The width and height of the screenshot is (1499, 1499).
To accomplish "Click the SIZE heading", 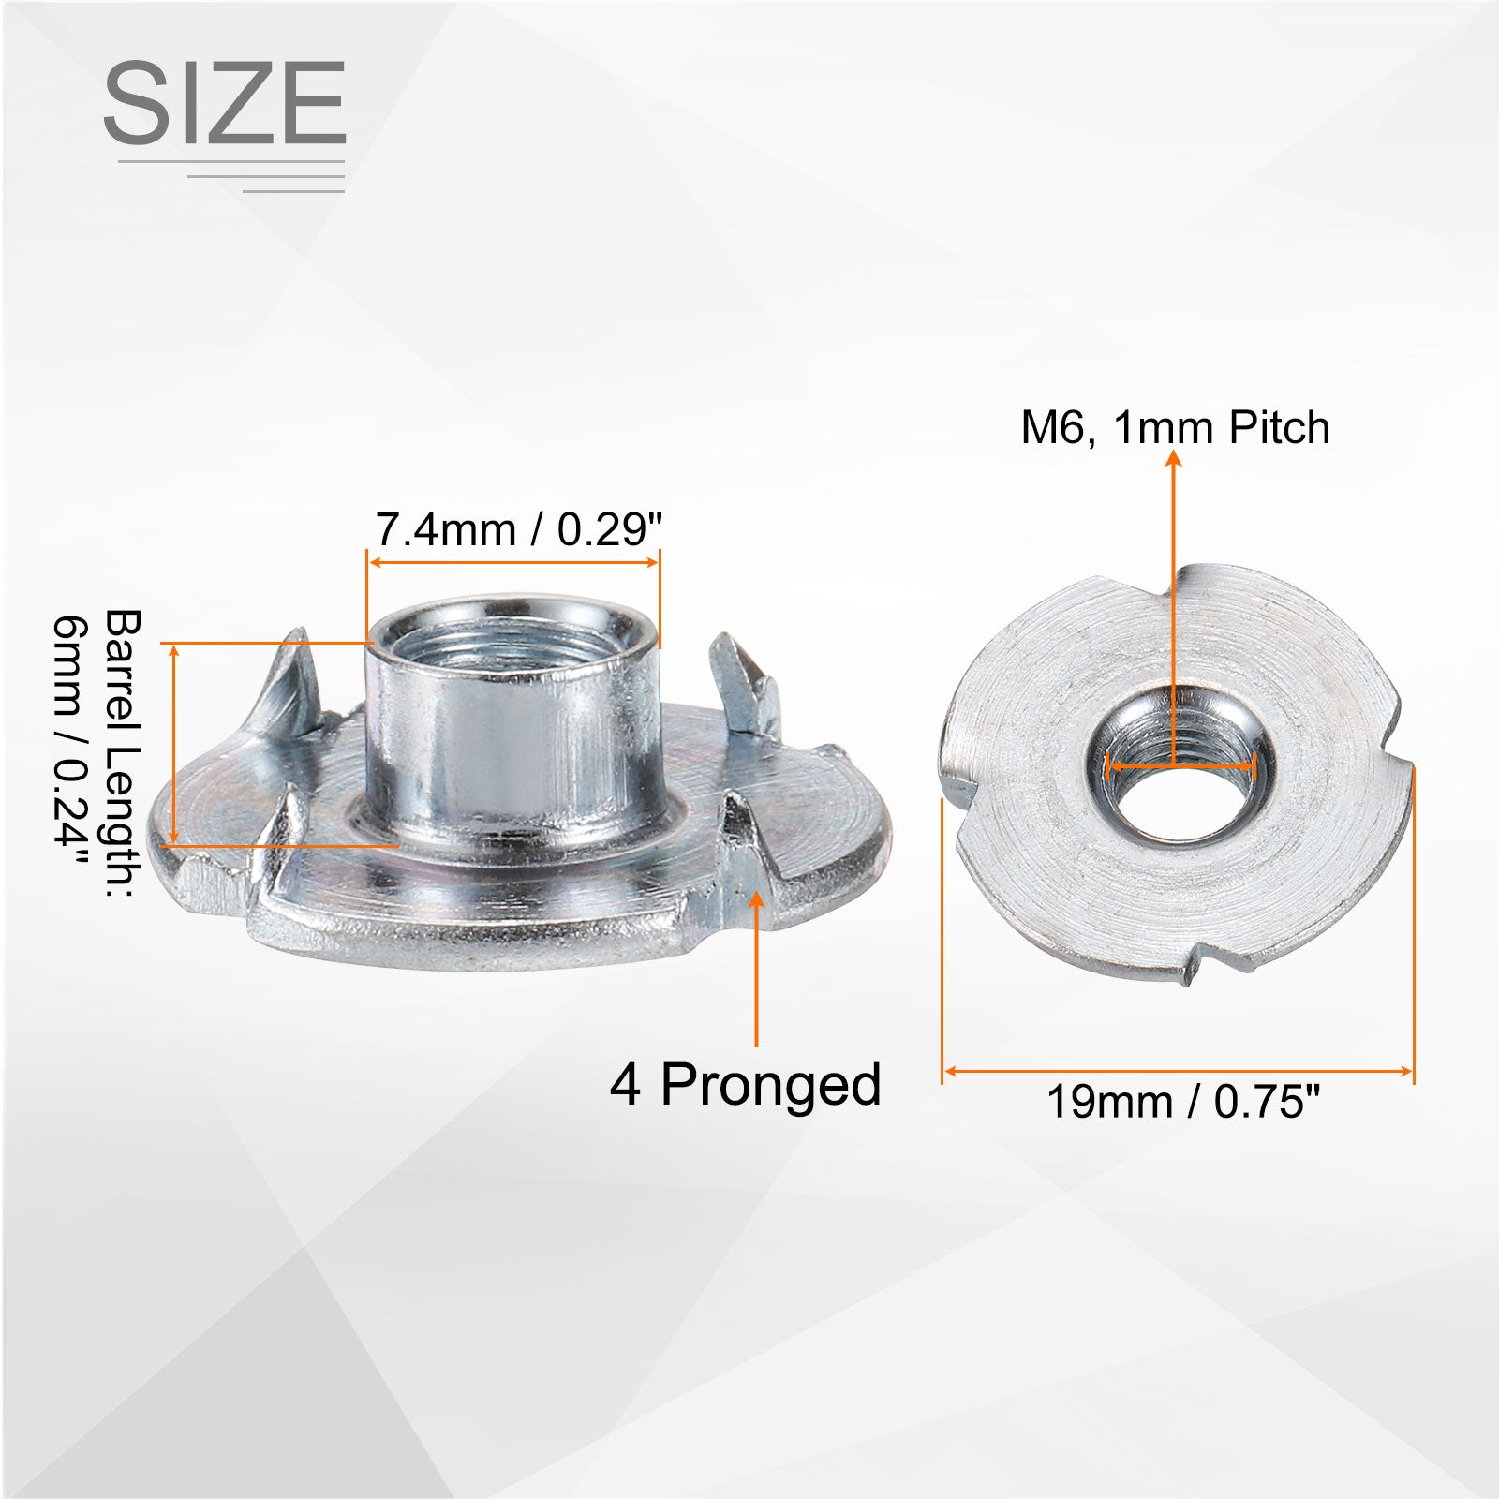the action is point(225,102).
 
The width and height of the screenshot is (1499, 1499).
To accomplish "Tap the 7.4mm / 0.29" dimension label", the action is point(518,529).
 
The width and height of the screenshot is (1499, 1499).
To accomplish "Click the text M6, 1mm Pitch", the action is point(1175,427).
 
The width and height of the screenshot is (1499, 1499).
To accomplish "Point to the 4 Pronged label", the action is point(746,1085).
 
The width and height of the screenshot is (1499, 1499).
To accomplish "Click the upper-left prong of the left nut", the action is point(296,684).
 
